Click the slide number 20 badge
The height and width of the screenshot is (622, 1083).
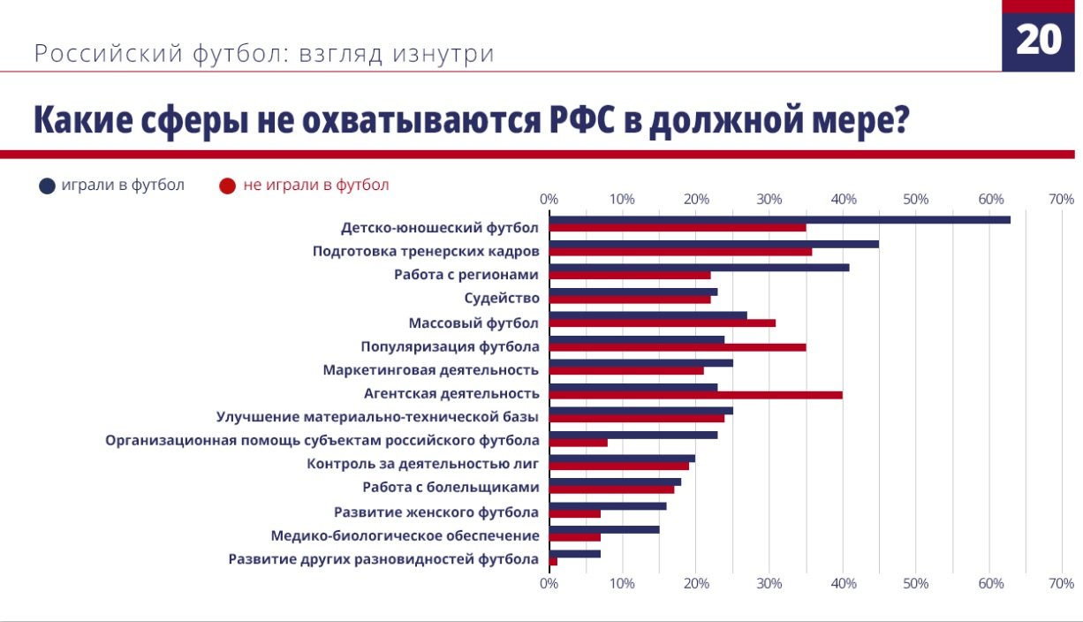1039,40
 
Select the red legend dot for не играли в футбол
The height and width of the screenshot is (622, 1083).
227,186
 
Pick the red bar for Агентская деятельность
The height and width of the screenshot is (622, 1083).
695,395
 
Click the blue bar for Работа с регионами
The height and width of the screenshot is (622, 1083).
699,267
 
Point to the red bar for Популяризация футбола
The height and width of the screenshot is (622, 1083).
677,347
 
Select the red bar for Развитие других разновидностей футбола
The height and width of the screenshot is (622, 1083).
553,561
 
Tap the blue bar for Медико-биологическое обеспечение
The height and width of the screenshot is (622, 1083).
604,529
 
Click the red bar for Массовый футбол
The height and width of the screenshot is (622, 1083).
663,323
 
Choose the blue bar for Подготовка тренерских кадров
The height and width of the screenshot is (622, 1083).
714,244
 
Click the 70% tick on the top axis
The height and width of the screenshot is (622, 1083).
1061,199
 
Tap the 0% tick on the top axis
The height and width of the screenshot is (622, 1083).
549,199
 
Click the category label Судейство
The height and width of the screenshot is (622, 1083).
502,299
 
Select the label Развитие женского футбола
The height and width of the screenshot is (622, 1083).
436,512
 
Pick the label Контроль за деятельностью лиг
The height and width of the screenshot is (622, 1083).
423,464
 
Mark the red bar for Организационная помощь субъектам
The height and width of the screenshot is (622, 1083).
578,443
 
